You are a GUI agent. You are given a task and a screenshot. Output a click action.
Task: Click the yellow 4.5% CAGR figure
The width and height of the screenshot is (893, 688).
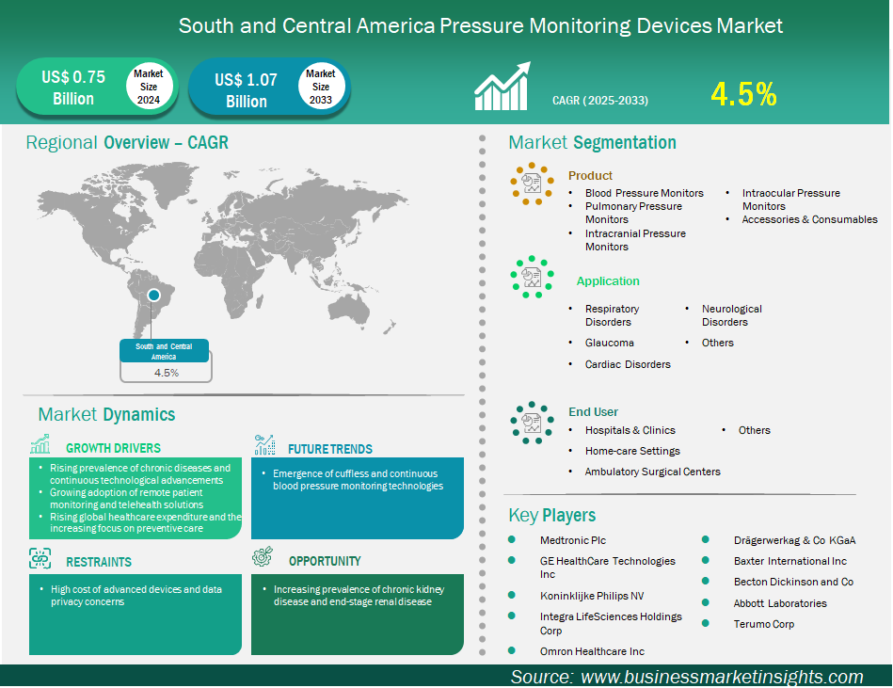tap(743, 94)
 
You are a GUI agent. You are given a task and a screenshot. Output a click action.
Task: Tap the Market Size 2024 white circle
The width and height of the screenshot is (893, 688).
tap(149, 87)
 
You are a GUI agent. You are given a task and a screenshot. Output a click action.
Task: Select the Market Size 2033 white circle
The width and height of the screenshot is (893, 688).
tap(321, 87)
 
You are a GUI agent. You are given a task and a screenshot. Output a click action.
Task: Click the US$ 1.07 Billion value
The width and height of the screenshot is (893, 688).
tap(246, 90)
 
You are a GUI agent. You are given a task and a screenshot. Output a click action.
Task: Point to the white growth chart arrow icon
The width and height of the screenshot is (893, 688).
tap(502, 86)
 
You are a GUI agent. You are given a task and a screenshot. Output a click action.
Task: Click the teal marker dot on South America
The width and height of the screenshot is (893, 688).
tap(153, 295)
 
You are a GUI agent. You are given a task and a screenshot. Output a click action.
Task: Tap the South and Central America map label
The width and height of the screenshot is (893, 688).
tap(164, 351)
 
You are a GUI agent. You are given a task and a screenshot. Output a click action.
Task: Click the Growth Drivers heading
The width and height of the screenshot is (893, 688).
tap(113, 448)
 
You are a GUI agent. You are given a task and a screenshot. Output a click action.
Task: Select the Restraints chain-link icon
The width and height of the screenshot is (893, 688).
tap(40, 559)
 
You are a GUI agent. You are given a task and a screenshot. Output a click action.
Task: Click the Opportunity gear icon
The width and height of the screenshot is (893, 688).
tap(263, 557)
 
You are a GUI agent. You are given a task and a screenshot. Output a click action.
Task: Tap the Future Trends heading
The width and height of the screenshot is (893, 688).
tap(329, 449)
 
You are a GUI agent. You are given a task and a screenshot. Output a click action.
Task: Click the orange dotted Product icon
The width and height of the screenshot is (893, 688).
tap(532, 184)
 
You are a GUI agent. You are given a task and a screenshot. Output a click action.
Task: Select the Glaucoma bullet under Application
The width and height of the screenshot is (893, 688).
tap(610, 343)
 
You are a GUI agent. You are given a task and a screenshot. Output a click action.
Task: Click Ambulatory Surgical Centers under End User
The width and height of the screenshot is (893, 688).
tap(653, 472)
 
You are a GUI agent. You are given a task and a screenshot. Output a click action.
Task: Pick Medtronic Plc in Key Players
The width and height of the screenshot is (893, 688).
tap(573, 540)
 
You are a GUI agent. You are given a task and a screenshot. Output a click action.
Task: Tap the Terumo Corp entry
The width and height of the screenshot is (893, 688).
tap(764, 624)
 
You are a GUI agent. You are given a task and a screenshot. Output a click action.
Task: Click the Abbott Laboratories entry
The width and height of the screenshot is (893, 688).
tap(780, 603)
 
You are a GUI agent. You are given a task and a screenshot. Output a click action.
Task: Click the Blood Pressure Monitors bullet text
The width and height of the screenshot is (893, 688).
tap(645, 193)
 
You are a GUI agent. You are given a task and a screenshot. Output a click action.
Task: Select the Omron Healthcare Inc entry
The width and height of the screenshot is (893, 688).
tap(592, 651)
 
